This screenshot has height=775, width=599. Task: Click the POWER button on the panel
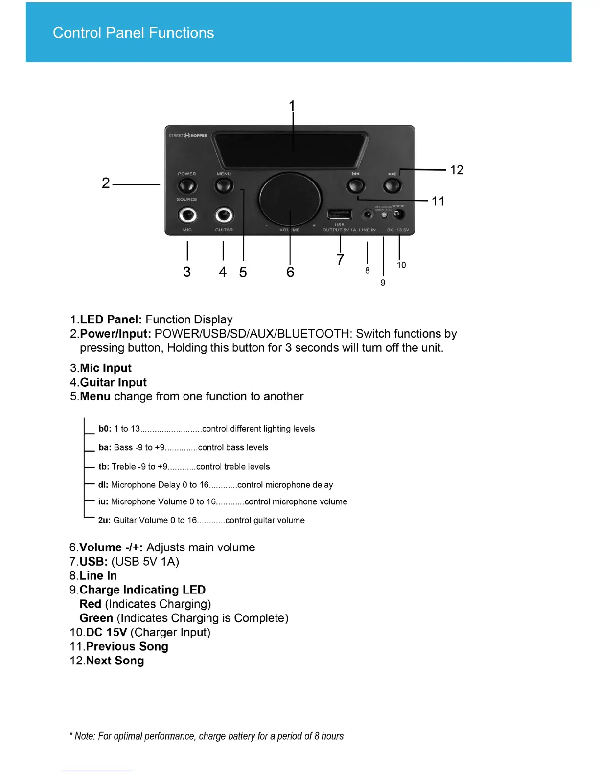187,186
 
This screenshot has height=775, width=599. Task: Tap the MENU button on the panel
224,186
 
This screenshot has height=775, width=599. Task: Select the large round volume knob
290,198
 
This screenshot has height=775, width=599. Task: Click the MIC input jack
187,215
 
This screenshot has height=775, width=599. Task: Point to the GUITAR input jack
224,215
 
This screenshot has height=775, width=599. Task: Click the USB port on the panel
340,214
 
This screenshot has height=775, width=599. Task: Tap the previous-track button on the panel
356,186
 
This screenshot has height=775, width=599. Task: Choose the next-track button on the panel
392,186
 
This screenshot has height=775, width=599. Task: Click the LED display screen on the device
291,149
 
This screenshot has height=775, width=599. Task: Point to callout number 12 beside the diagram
457,170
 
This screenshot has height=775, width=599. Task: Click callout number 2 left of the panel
106,183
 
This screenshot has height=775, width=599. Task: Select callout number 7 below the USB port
340,259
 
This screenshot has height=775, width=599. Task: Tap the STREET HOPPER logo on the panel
188,136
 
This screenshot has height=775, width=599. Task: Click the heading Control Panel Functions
133,33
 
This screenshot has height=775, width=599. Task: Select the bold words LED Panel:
111,319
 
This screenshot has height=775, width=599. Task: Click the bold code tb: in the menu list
104,467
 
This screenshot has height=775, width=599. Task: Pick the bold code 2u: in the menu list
104,520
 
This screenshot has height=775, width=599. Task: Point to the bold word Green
96,618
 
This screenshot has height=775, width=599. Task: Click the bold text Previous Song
127,646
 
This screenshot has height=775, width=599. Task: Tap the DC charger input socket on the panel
399,214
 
